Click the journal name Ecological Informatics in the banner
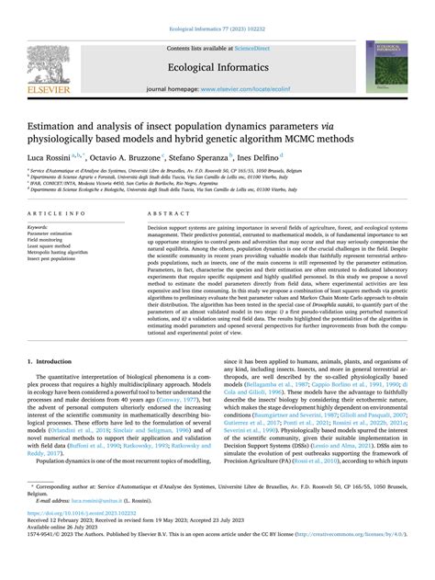217,65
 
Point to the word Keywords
41,225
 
